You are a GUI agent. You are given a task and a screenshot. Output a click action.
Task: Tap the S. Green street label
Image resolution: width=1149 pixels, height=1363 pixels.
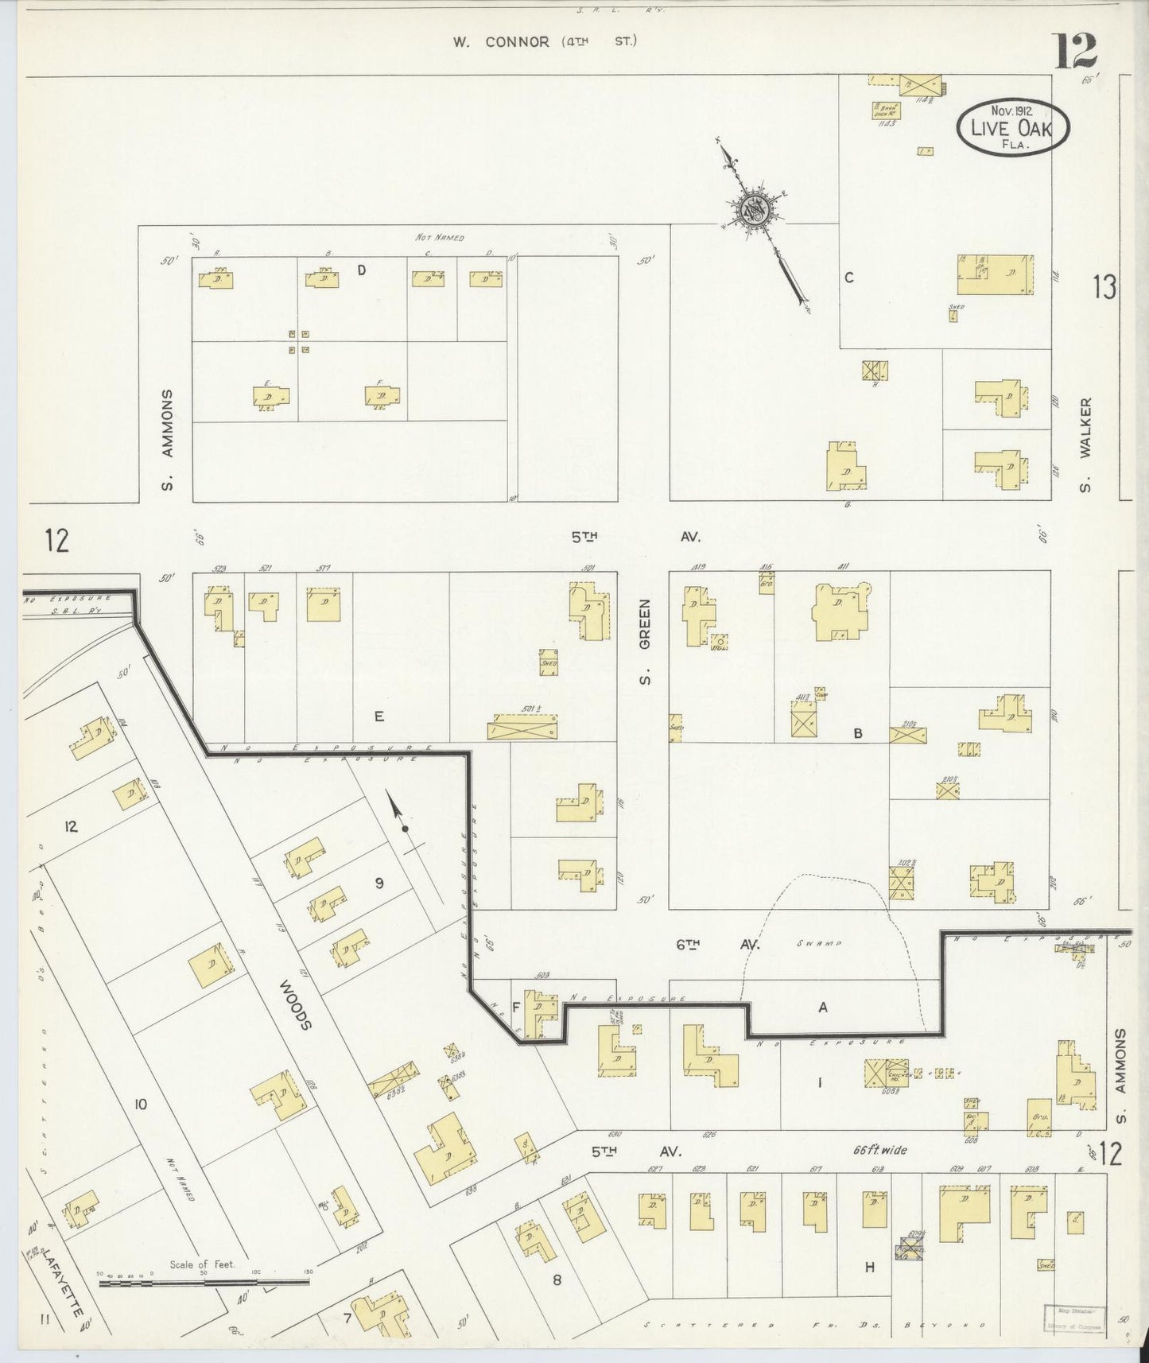(x=646, y=642)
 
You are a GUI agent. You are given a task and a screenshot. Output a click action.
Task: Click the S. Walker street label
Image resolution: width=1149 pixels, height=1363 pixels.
(x=1086, y=445)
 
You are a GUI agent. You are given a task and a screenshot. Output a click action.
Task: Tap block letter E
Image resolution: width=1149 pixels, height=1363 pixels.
(x=379, y=716)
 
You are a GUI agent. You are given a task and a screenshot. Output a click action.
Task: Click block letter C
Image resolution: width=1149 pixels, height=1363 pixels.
(x=849, y=278)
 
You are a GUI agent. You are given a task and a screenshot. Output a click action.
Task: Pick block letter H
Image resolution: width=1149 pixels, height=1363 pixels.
(x=870, y=1267)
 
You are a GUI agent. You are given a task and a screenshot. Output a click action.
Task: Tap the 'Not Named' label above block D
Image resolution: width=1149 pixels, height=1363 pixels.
(x=439, y=237)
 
